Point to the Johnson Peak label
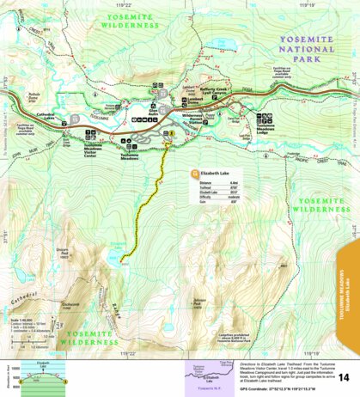197,302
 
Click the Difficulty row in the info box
211,197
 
